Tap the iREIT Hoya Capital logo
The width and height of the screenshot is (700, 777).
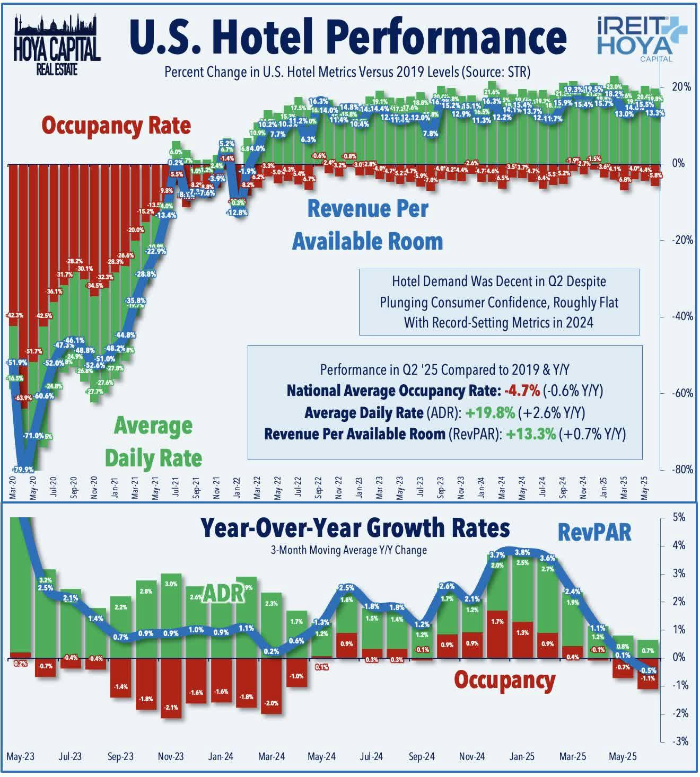coord(640,38)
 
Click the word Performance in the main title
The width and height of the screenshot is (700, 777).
coord(445,37)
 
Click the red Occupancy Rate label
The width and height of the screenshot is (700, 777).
coord(116,126)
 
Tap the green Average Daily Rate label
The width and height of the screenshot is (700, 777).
coord(153,442)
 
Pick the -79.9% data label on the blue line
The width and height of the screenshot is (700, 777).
coord(22,469)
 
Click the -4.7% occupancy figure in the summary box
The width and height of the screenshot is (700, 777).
coord(522,391)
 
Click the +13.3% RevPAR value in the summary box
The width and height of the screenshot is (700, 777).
coord(531,434)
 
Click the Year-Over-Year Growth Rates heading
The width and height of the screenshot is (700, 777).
coord(355,528)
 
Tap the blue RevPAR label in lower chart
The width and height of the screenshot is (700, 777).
coord(594,533)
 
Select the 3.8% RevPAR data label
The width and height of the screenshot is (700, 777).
coord(522,552)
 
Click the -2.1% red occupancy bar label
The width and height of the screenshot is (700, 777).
coord(171,707)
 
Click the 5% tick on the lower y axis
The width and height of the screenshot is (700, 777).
coord(679,517)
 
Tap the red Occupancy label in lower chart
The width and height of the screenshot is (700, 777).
coord(504,680)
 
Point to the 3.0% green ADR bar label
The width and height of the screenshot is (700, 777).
coord(171,584)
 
